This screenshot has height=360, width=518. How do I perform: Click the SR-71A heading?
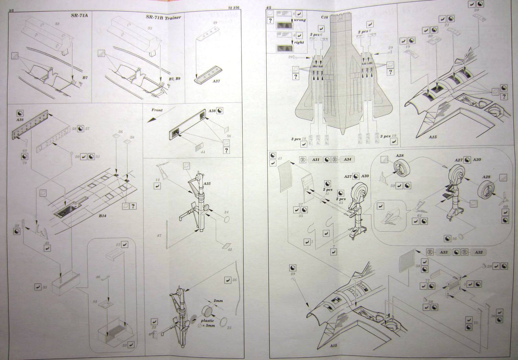79,16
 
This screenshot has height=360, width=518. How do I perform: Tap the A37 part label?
216,81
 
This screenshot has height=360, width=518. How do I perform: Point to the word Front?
157,110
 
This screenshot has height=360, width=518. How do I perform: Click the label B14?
103,215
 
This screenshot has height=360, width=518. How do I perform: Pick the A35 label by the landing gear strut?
207,184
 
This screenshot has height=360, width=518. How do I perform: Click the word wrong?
300,20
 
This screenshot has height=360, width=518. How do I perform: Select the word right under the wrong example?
299,42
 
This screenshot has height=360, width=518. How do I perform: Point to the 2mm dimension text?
218,301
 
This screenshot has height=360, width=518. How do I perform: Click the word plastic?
208,320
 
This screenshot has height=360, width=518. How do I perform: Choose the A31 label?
316,159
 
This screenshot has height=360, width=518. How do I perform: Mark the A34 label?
347,159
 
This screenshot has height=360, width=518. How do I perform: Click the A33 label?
444,252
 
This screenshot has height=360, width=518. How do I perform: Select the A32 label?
478,252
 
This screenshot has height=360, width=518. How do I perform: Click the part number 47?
159,236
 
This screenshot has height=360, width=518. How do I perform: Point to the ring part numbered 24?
226,219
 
